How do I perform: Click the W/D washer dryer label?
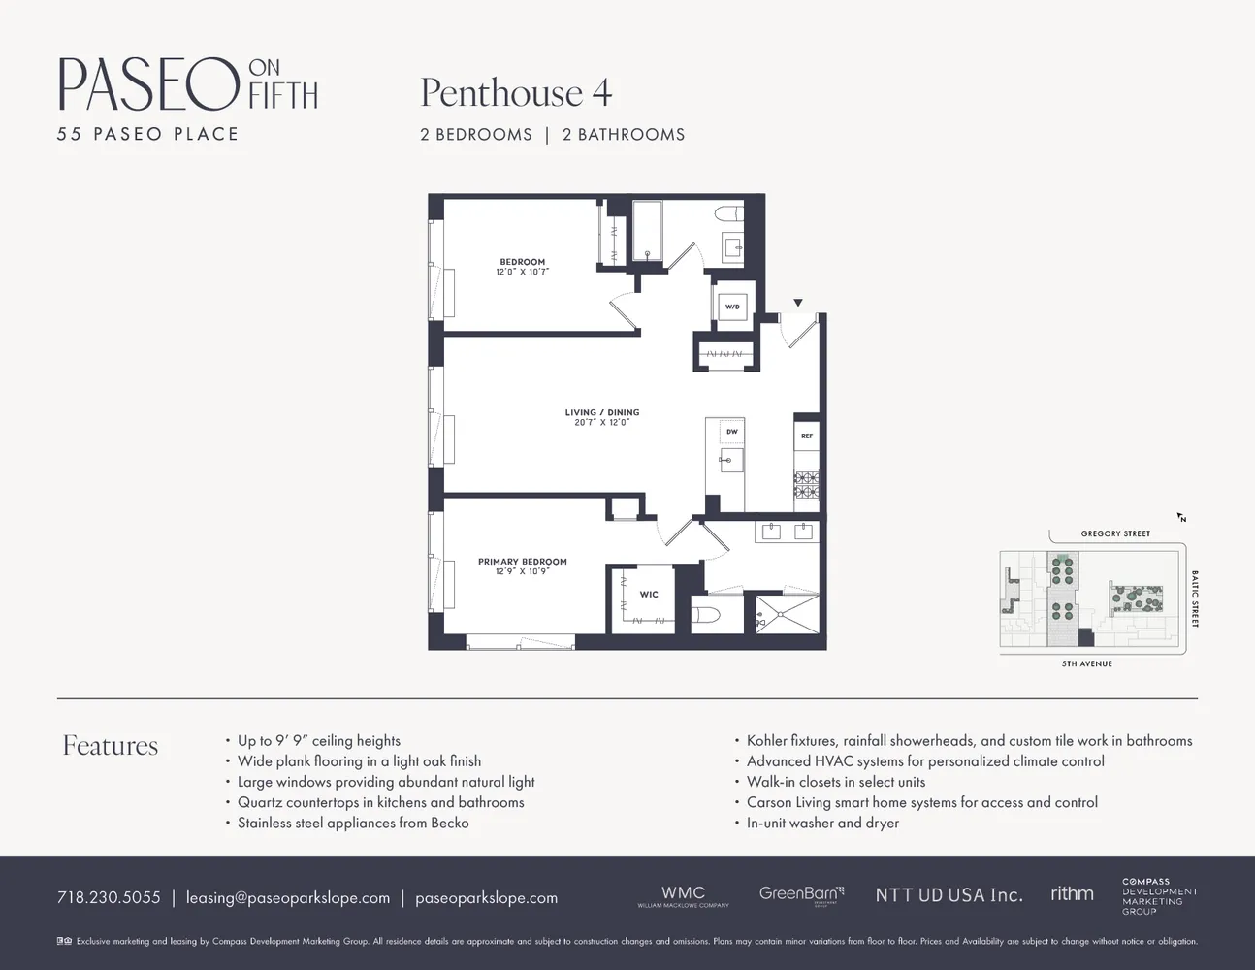(x=732, y=307)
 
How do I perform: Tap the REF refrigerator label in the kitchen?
(x=807, y=436)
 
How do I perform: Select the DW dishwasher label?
(x=732, y=432)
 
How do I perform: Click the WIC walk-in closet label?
(x=649, y=595)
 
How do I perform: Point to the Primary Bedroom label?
(x=523, y=562)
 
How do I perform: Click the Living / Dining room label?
(x=602, y=412)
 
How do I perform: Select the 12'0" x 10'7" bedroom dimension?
(x=523, y=273)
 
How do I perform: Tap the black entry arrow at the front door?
(x=798, y=304)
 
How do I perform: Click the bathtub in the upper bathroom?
(x=647, y=231)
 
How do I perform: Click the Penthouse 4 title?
(x=516, y=93)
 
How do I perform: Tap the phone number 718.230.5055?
(x=109, y=897)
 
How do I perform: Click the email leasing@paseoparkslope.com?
(x=288, y=897)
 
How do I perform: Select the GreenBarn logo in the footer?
(x=801, y=893)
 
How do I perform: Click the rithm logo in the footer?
(x=1072, y=893)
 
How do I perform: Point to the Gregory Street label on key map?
(x=1115, y=533)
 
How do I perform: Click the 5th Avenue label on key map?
(x=1087, y=663)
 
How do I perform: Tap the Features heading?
(x=111, y=745)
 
